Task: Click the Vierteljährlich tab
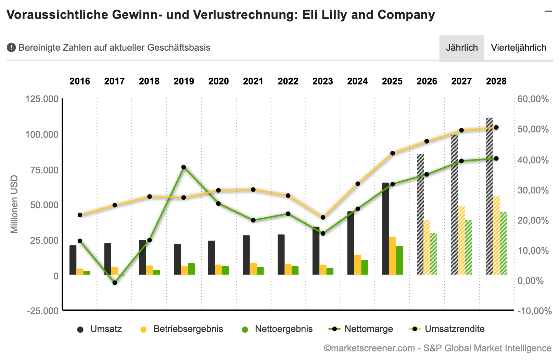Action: tap(519, 48)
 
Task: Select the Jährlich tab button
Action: tap(462, 48)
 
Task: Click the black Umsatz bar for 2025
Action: tap(385, 229)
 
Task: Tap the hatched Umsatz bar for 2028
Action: tap(490, 196)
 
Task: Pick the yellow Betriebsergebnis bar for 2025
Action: tap(393, 256)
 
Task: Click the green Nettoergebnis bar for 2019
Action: tap(191, 269)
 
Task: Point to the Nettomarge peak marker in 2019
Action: tap(184, 167)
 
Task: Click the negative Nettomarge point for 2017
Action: tap(115, 283)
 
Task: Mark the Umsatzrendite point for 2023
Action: tap(323, 217)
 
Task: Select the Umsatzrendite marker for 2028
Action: tap(496, 128)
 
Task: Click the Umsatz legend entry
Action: tap(100, 329)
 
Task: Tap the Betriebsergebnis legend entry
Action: tap(182, 329)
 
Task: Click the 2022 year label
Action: tap(288, 81)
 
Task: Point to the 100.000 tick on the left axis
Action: tap(42, 135)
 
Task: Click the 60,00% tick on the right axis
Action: tap(533, 99)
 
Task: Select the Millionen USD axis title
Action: tap(14, 204)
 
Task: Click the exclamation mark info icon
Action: tap(11, 48)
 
